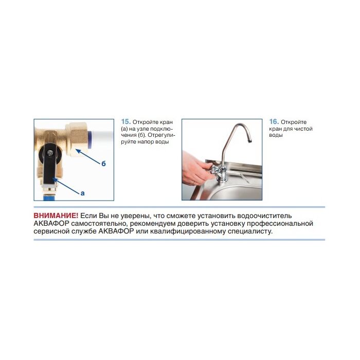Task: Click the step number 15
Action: (x=126, y=122)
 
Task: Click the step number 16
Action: (x=274, y=122)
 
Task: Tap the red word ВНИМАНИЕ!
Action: (x=56, y=216)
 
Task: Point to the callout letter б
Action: (x=103, y=164)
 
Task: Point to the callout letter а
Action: (x=83, y=193)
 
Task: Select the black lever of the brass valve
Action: (x=49, y=165)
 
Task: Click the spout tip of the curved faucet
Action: (x=250, y=140)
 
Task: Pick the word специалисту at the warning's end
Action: (x=250, y=231)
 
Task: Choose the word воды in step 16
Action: (x=276, y=135)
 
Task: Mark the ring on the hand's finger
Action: (x=194, y=183)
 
